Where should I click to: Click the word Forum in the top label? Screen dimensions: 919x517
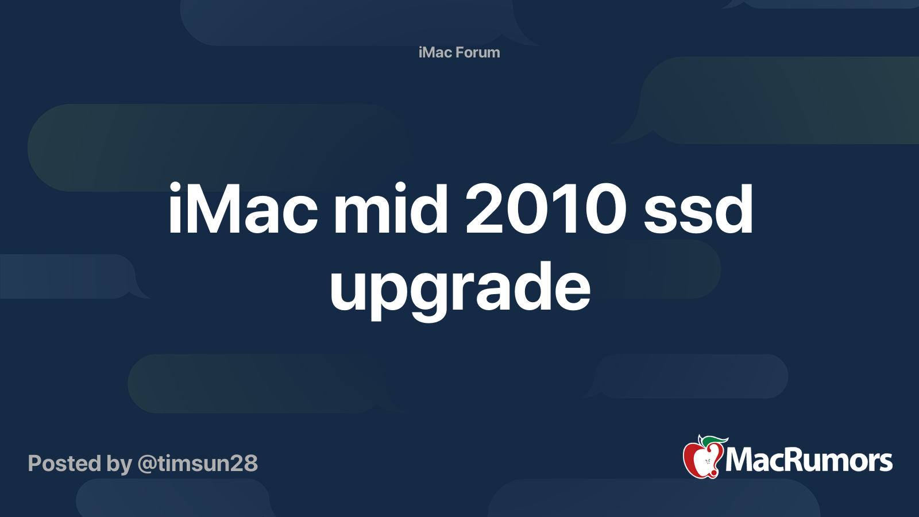(x=478, y=52)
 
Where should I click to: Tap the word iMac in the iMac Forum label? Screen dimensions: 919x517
(x=435, y=52)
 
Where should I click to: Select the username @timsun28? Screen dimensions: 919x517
(x=198, y=463)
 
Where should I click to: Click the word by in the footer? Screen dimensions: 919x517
(x=119, y=464)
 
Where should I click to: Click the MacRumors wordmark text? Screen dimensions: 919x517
(x=809, y=461)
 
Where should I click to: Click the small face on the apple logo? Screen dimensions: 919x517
(x=708, y=462)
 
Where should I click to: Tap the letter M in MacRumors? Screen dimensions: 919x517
(x=740, y=460)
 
